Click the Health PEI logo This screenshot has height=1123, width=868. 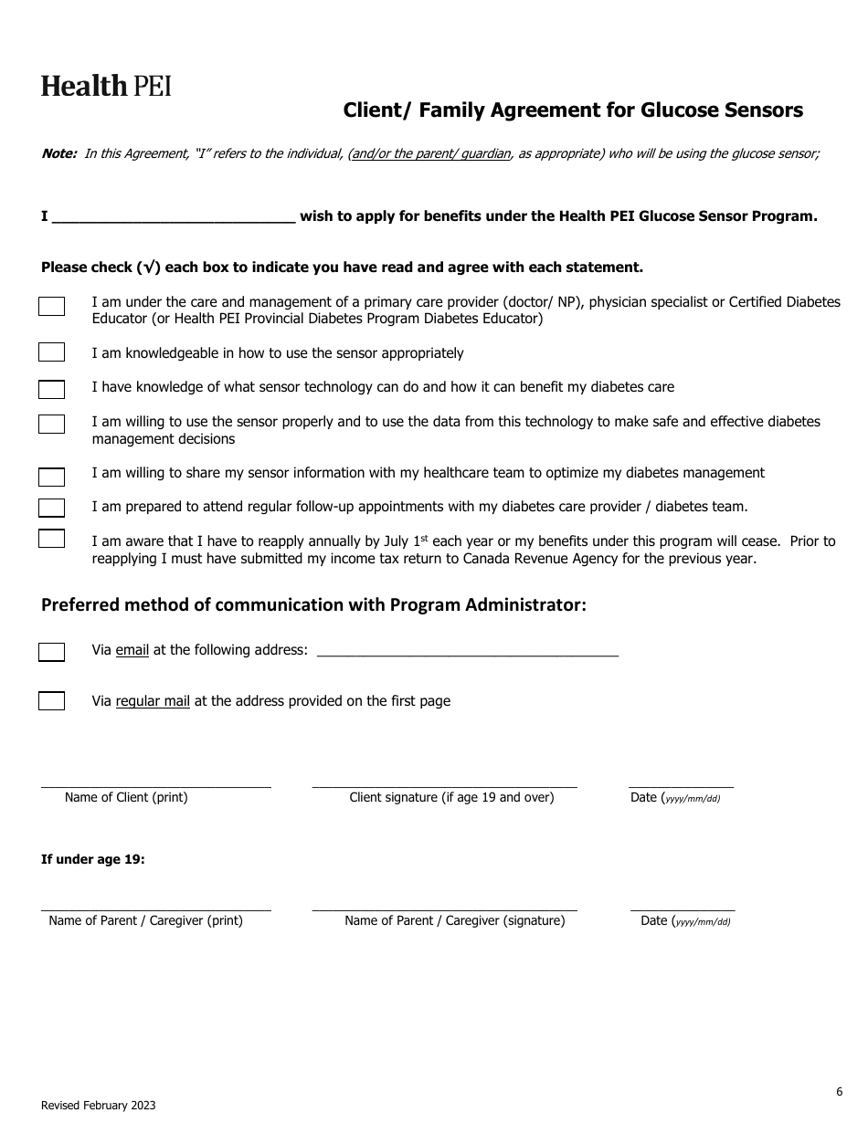(x=106, y=87)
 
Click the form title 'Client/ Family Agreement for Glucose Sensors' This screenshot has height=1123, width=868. (x=573, y=110)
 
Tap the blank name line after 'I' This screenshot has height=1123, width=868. (x=174, y=216)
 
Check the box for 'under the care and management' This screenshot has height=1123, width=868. (x=51, y=306)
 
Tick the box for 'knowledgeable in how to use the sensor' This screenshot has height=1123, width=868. (x=51, y=352)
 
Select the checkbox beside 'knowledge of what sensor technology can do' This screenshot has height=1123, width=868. (x=51, y=390)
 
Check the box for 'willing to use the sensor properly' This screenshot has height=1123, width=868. (x=51, y=424)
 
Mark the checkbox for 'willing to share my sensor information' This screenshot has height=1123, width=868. (x=51, y=477)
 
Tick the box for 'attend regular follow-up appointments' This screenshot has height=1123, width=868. (x=51, y=508)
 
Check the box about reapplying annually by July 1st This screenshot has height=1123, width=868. (x=51, y=539)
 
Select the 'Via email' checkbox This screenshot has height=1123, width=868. (x=51, y=652)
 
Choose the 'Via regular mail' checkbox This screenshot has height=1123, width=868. (x=51, y=701)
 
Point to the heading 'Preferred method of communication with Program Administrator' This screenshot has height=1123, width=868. (x=313, y=604)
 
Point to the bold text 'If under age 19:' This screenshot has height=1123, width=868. (x=93, y=859)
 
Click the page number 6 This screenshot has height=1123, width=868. (x=839, y=1091)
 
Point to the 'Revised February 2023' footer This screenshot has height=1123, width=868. (x=98, y=1106)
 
